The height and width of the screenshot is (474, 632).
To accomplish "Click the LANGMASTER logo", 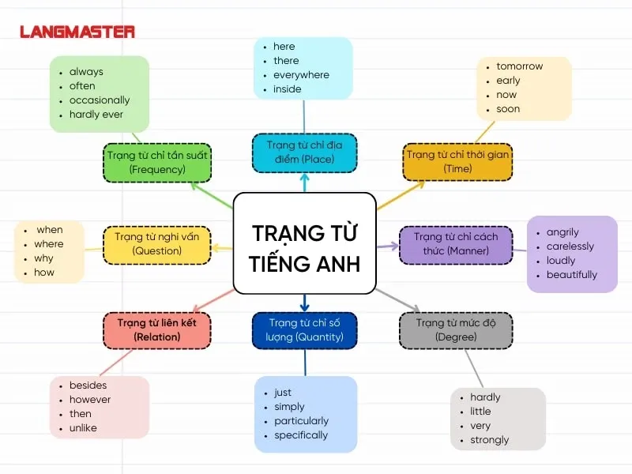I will (77, 32).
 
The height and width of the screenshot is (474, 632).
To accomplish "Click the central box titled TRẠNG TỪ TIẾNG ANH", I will (304, 243).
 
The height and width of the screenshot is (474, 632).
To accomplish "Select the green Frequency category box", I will (156, 162).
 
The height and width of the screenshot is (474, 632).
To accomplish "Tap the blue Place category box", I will (304, 152).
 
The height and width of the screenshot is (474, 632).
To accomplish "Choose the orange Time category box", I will (457, 161).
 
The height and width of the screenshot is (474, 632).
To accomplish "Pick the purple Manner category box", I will (456, 244).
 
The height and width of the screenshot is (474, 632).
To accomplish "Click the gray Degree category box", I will (456, 330).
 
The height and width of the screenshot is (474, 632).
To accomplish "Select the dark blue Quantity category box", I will (305, 330).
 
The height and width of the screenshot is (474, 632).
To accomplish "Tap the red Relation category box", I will (156, 330).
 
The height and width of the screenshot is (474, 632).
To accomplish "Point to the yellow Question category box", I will (156, 244).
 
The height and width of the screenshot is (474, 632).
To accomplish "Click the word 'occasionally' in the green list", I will (100, 100).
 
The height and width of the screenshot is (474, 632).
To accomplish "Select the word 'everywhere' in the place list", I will (301, 75).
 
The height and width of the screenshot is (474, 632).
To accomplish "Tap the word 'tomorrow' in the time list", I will (519, 66).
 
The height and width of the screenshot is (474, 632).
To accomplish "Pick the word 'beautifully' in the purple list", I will (571, 275).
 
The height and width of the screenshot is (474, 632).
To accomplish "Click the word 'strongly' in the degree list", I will (490, 440).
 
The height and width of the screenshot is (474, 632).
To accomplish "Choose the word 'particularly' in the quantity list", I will (301, 421).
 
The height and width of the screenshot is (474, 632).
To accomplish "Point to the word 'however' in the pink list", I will (90, 400).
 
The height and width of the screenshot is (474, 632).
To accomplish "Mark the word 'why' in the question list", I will (44, 258).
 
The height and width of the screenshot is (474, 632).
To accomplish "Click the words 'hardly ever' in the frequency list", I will (96, 115).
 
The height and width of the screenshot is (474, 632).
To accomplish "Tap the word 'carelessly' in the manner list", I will (570, 246).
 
